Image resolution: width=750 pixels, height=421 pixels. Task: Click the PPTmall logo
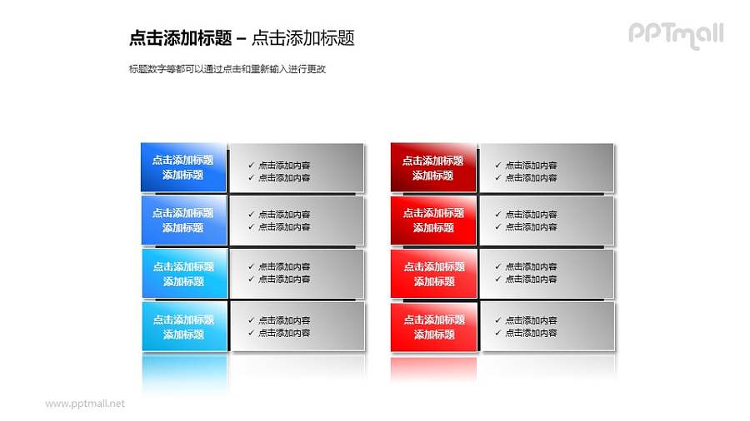(x=675, y=35)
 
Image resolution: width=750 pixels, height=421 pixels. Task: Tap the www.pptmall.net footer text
(x=85, y=404)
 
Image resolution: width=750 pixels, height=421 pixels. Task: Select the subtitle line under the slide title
(x=227, y=69)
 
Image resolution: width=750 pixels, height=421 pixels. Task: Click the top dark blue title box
(x=183, y=167)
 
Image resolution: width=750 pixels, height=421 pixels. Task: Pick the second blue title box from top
(x=183, y=220)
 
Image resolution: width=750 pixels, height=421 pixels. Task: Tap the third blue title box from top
(x=183, y=274)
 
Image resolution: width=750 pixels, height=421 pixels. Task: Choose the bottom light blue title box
(x=183, y=327)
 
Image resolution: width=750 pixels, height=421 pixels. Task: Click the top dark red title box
(x=433, y=167)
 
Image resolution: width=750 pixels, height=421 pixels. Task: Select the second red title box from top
(x=433, y=220)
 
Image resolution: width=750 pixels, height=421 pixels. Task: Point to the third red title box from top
(x=433, y=274)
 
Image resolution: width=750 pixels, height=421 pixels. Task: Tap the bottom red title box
(x=433, y=327)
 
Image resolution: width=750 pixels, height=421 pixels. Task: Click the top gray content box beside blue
(x=297, y=169)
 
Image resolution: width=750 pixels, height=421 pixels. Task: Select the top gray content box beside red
(x=547, y=169)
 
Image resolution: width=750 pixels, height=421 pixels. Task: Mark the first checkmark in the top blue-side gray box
(x=252, y=165)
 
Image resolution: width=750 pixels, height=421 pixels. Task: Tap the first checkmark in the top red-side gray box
(x=498, y=165)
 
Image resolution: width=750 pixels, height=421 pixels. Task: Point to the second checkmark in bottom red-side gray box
(x=498, y=333)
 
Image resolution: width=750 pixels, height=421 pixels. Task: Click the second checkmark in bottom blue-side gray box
(x=252, y=333)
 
